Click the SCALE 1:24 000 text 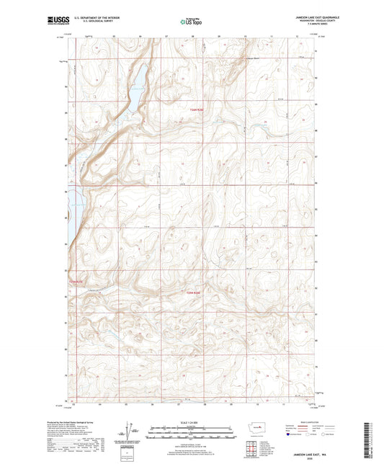tap(191, 423)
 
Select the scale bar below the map tap(191, 434)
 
